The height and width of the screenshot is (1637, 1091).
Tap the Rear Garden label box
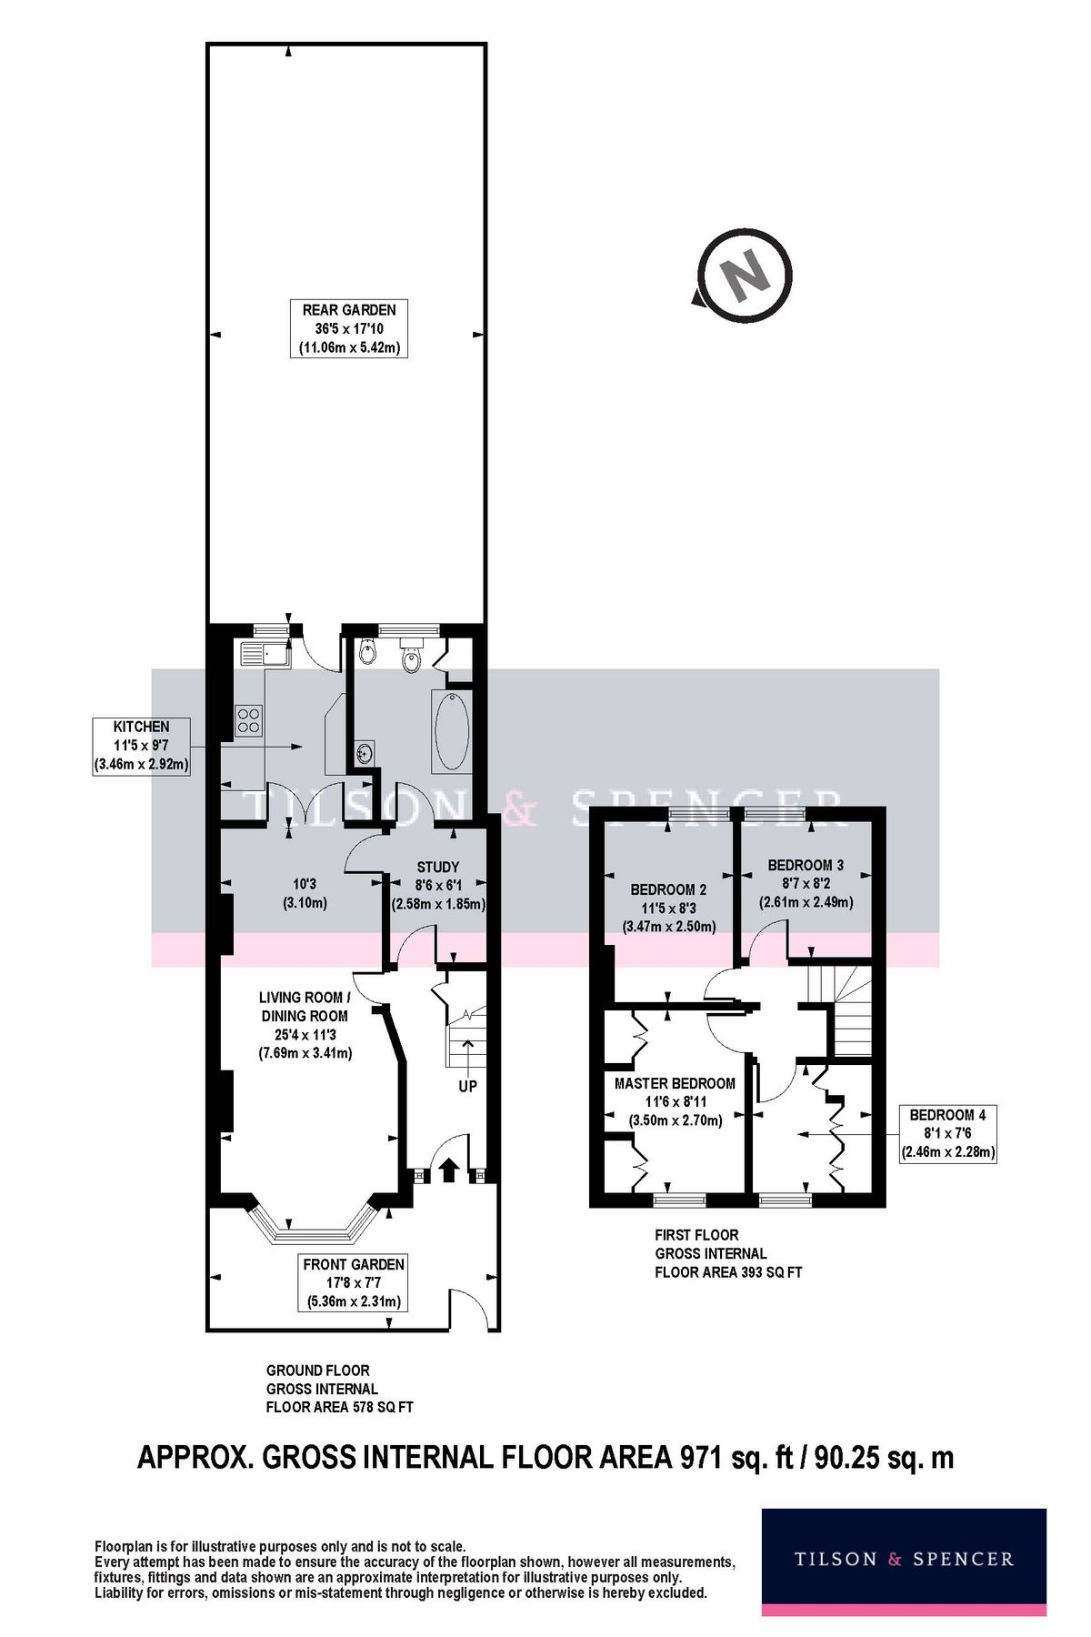click(349, 328)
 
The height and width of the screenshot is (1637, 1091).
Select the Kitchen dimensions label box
click(141, 746)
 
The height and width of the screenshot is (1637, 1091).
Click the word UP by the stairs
click(467, 1086)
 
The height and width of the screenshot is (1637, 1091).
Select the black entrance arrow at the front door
click(447, 1170)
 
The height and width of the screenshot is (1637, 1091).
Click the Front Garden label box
click(354, 1283)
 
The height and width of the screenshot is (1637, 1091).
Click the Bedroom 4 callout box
click(947, 1133)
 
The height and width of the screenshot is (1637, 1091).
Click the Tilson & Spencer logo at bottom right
click(903, 1559)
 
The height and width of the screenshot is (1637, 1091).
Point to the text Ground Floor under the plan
click(317, 1371)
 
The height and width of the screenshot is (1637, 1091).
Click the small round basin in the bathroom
click(365, 752)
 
